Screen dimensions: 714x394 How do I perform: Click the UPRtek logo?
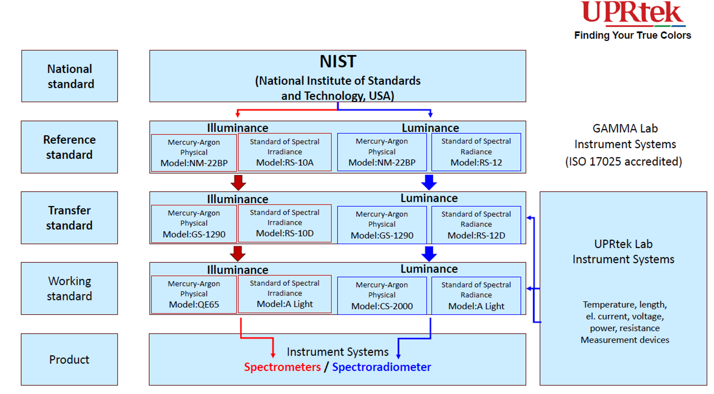click(633, 14)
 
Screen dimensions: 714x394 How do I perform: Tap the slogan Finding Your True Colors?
click(632, 35)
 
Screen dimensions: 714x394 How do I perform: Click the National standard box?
click(70, 76)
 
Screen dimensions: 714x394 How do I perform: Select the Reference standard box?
click(70, 147)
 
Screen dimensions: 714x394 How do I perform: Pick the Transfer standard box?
click(70, 218)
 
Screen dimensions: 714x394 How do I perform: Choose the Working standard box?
click(70, 288)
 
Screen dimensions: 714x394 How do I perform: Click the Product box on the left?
click(70, 359)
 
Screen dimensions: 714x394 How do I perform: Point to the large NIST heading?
click(338, 62)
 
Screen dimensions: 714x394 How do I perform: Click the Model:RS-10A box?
click(285, 152)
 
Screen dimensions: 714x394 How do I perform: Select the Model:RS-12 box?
click(476, 152)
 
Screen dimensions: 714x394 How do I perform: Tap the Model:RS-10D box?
click(285, 223)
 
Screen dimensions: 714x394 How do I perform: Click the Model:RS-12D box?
click(476, 225)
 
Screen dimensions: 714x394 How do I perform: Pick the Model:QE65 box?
click(194, 294)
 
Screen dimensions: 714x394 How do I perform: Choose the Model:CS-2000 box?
click(382, 296)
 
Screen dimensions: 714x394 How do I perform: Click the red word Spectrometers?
click(282, 367)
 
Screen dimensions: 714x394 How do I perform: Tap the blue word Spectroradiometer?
click(382, 367)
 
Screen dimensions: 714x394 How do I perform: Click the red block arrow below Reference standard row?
click(238, 182)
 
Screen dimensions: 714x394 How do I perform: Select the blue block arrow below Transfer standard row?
click(429, 254)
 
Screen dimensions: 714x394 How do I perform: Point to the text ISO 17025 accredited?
click(624, 161)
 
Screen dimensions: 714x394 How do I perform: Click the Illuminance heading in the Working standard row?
click(237, 270)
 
